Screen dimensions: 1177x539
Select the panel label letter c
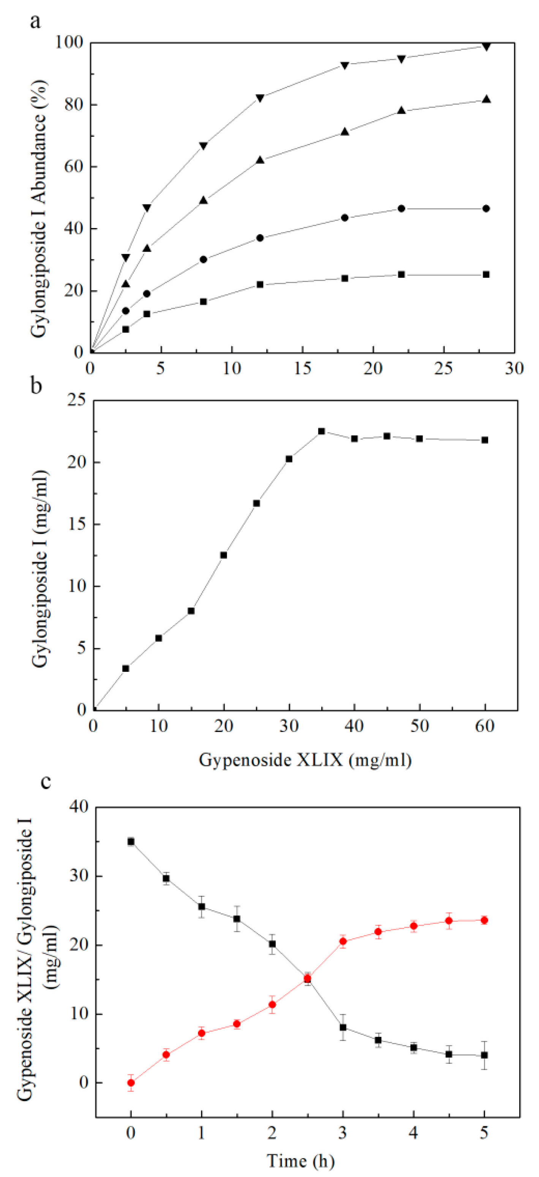(x=46, y=781)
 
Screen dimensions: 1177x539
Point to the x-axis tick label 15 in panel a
(x=302, y=368)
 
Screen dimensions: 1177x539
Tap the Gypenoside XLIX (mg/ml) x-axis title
(x=305, y=760)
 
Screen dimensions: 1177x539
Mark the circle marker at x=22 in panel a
(x=401, y=208)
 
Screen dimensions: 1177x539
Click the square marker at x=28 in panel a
(x=486, y=275)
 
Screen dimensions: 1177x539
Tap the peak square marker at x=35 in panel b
(x=322, y=431)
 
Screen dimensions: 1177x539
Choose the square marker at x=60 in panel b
(x=485, y=440)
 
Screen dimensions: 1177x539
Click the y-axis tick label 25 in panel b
(x=77, y=400)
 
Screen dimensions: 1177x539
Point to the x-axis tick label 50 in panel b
(x=419, y=726)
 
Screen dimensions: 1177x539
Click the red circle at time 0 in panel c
(x=131, y=1082)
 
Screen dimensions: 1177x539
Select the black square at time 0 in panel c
(x=131, y=842)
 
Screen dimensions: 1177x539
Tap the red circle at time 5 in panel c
(x=484, y=920)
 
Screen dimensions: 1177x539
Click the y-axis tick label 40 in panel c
(x=79, y=807)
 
